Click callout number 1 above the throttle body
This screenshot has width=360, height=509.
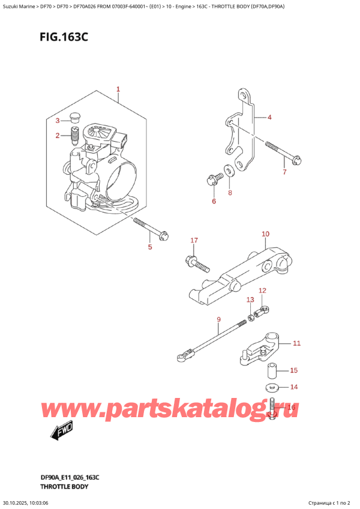118,89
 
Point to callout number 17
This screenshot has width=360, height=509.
193,241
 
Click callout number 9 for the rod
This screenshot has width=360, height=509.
218,319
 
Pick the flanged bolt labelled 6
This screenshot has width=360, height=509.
213,178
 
